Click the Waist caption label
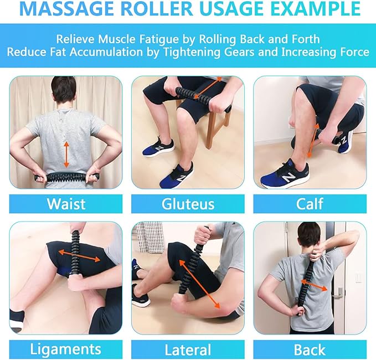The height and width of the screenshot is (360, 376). [66, 203]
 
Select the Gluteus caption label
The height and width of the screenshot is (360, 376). [188, 203]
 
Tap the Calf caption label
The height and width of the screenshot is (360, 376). [310, 203]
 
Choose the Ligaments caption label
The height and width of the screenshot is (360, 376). [66, 349]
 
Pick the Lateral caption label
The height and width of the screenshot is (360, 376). [188, 349]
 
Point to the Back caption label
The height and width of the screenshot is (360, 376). [310, 349]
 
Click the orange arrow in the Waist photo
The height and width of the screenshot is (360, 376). [66, 155]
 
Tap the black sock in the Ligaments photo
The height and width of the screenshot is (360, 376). [18, 317]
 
